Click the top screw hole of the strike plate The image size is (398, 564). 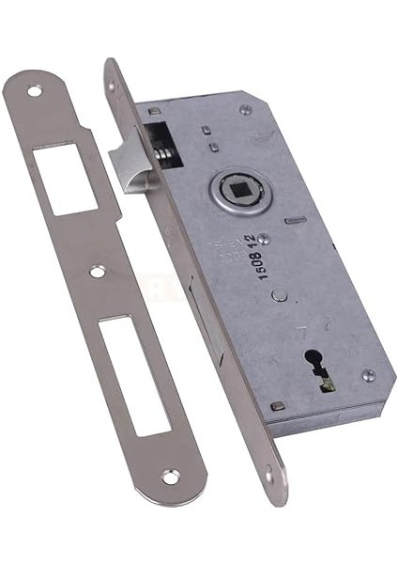click(35, 92)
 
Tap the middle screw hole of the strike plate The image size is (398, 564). click(98, 272)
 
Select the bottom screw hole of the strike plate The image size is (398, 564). click(170, 478)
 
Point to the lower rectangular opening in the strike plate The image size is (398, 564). click(133, 374)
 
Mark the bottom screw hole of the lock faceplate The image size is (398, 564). click(269, 479)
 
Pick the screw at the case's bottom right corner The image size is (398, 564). click(369, 375)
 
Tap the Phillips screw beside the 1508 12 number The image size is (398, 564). click(264, 239)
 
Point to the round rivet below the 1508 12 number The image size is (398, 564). click(279, 294)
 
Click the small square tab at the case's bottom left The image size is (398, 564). click(277, 406)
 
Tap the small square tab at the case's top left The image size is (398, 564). click(153, 110)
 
